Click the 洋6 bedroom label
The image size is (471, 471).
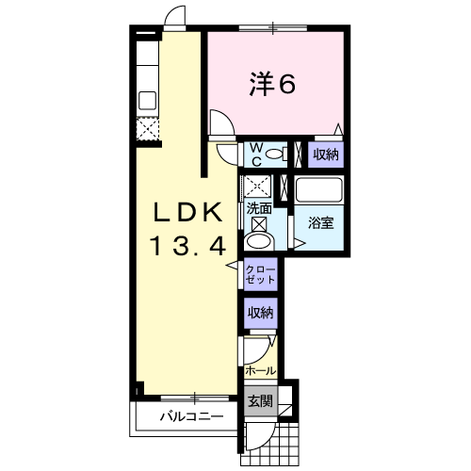272,84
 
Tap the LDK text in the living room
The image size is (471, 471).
187,213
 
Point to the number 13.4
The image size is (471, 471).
187,246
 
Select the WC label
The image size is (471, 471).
257,154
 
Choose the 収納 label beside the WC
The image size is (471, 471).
326,154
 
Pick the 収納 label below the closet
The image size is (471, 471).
261,313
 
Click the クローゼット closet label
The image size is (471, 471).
261,274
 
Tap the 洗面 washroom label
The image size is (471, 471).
259,208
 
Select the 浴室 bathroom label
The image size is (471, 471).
320,222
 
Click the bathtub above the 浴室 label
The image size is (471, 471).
318,190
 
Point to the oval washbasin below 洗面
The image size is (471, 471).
258,241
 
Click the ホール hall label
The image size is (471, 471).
261,371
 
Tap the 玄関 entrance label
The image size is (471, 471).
260,401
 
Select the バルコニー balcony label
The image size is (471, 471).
192,416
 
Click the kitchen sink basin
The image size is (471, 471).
147,101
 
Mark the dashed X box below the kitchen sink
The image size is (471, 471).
147,129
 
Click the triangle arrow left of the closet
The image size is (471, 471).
233,266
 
